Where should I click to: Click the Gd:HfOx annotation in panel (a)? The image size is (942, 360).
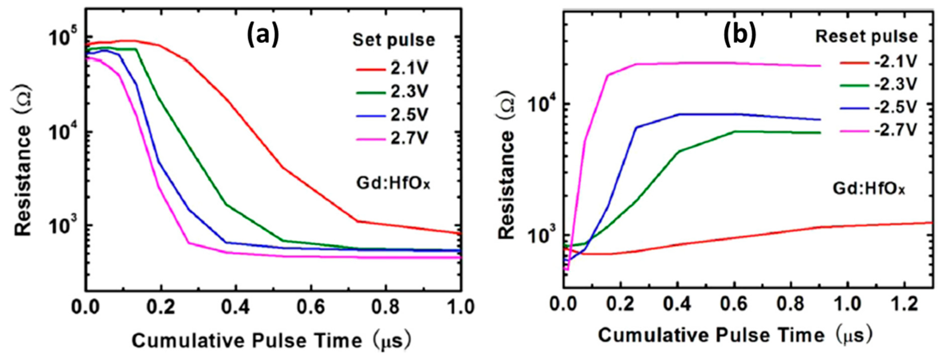[393, 183]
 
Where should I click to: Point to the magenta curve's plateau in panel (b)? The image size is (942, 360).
[713, 63]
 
